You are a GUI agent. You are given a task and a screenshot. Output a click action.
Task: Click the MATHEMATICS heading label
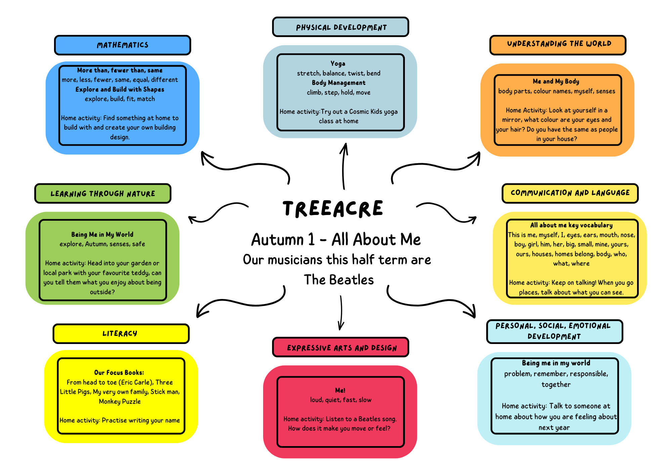coord(123,45)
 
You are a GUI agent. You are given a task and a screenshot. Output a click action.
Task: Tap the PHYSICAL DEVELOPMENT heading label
coord(341,27)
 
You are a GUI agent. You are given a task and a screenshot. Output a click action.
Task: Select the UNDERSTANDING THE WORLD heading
coord(559,44)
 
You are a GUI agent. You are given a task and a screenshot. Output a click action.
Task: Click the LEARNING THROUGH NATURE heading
coord(103,193)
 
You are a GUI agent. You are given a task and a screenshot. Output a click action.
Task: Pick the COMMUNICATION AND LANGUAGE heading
coord(570,193)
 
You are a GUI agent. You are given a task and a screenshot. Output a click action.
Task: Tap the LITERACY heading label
coord(120,334)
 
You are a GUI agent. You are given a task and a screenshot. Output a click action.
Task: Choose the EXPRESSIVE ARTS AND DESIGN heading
coord(341,348)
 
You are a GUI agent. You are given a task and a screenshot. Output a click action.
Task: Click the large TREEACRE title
coord(333,209)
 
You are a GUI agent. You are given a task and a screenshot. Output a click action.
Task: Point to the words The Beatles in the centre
coord(339,280)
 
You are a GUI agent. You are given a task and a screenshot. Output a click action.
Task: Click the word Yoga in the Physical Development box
coord(338,63)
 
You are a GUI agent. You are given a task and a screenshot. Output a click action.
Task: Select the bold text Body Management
coord(338,83)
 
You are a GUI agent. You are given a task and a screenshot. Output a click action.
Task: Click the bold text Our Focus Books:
coord(119,373)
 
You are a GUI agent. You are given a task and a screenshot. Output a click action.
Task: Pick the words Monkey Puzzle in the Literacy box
coord(120,401)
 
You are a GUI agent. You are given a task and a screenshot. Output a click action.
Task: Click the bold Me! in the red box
coord(340,390)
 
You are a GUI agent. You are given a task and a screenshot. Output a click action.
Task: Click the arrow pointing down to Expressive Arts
coord(341,312)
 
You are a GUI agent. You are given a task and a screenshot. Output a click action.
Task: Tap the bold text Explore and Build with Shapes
coord(120,89)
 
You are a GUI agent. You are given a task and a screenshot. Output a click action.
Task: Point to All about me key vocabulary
coord(571,225)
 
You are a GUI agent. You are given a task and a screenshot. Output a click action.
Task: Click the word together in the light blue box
coord(556,385)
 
